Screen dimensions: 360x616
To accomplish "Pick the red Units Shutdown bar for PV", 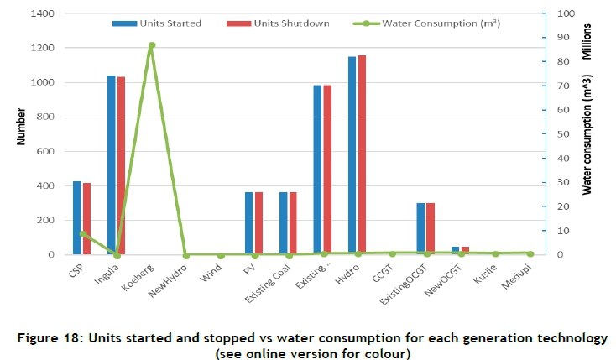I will click(x=258, y=223).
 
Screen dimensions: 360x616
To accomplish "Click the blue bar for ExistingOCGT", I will click(x=420, y=228).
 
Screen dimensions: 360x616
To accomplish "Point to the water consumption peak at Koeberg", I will click(x=151, y=45).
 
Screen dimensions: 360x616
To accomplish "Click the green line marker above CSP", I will click(x=81, y=234).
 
